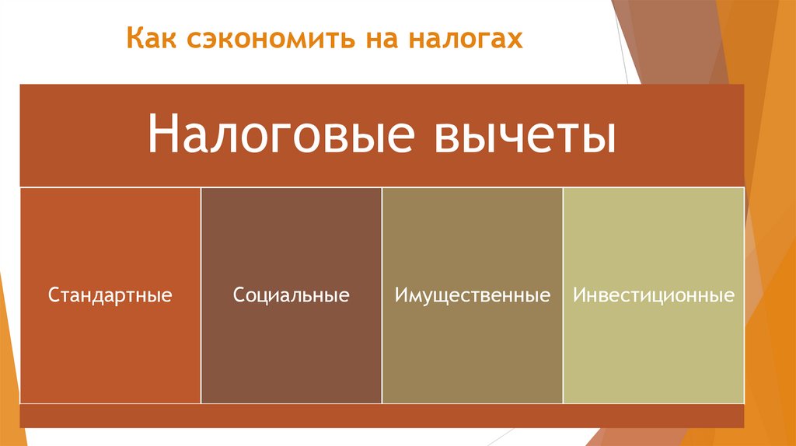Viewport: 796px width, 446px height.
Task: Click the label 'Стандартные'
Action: [110, 296]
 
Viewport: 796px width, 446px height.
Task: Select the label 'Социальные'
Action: [291, 296]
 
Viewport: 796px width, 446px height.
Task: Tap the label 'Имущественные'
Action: [472, 296]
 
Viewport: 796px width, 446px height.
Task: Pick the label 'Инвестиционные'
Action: [654, 296]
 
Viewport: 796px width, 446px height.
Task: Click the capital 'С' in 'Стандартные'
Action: [53, 296]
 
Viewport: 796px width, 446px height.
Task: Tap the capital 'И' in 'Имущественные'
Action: [400, 296]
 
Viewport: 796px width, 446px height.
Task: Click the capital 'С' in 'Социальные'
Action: [238, 296]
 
